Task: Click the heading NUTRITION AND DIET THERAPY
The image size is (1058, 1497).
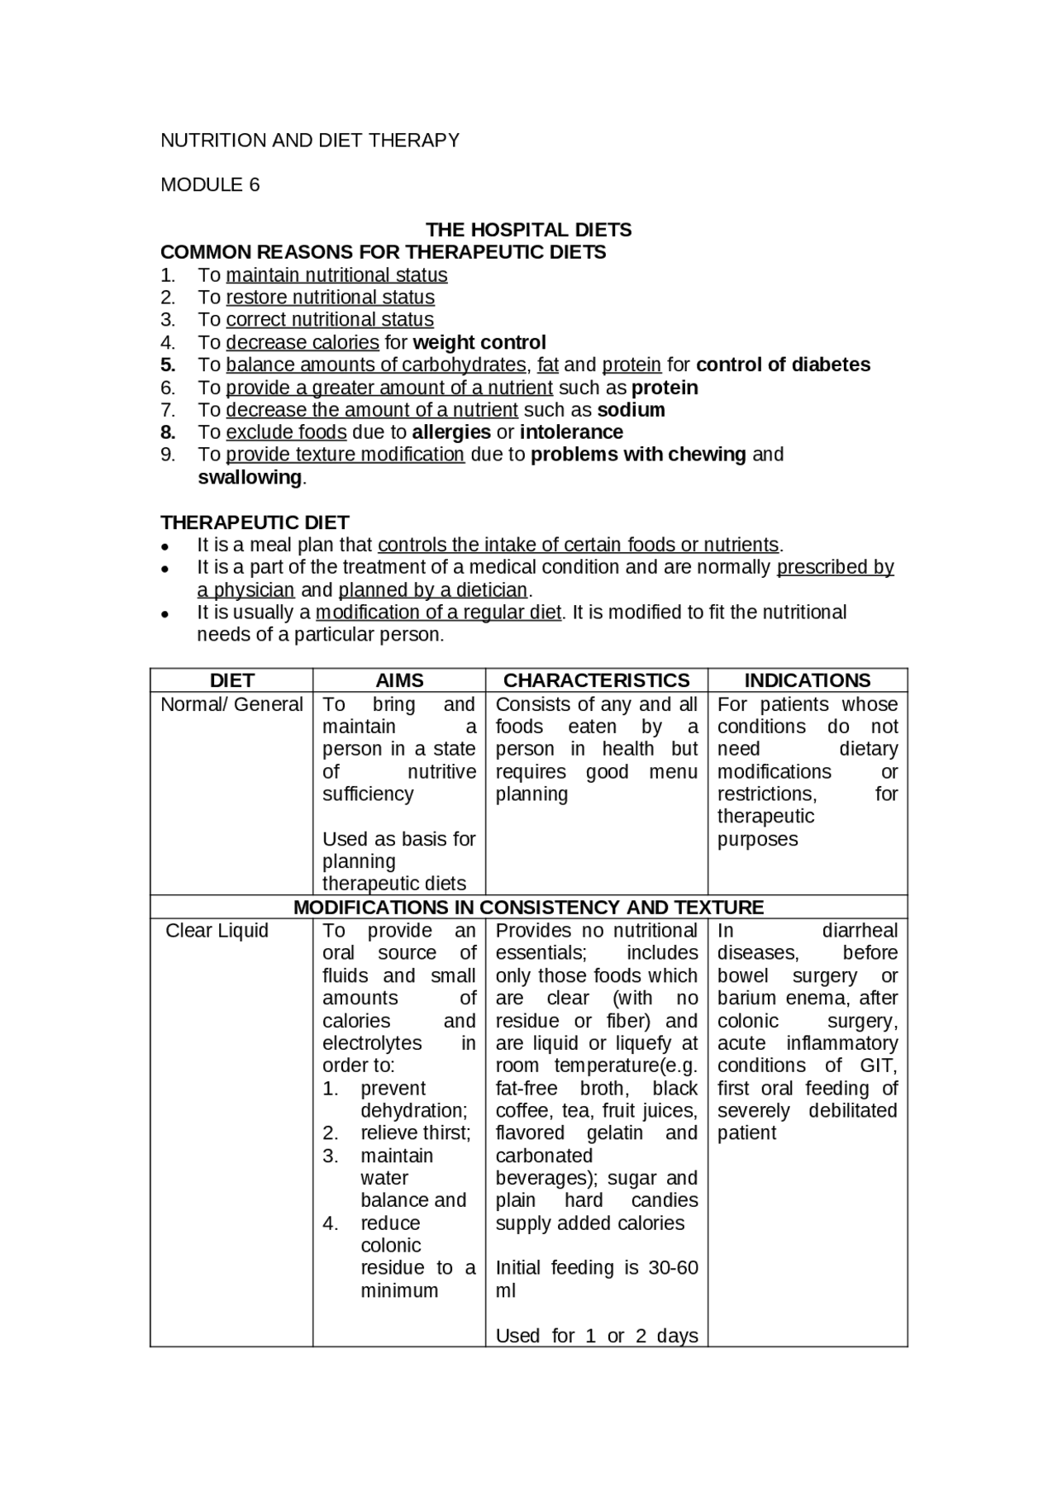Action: [x=310, y=141]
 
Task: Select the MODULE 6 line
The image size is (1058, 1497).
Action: [x=210, y=185]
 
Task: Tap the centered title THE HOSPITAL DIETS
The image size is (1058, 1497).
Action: [x=528, y=230]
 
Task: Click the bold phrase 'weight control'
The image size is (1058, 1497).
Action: [x=479, y=342]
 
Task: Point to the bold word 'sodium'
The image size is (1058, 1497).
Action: [x=631, y=410]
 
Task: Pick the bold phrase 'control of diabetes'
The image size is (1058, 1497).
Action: [x=783, y=365]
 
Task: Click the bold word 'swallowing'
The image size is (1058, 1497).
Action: [x=250, y=478]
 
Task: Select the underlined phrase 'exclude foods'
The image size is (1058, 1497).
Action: [x=286, y=432]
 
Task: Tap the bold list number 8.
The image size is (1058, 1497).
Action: [x=168, y=432]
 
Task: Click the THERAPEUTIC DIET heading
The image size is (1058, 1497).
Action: [x=255, y=522]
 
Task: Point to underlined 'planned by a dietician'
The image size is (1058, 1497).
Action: [x=433, y=590]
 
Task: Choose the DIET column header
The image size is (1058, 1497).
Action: [x=231, y=680]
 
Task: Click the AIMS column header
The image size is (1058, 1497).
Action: [x=399, y=680]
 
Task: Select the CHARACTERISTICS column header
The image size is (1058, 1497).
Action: [x=596, y=680]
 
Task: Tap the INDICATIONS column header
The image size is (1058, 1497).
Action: [x=807, y=680]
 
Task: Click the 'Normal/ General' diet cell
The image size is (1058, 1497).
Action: [x=231, y=704]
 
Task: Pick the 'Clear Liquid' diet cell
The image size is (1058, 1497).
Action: [x=217, y=931]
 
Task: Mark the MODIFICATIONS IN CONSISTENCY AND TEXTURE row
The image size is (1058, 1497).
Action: [x=528, y=907]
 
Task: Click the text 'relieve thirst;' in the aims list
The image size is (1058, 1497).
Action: [x=415, y=1133]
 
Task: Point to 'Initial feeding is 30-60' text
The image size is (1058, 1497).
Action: [x=596, y=1268]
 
